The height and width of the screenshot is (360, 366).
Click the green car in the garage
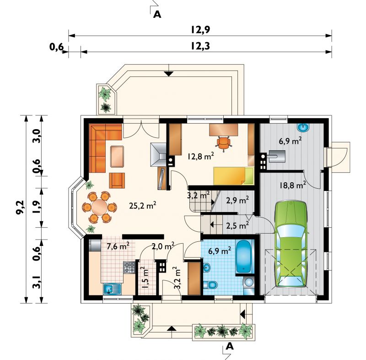click(291, 244)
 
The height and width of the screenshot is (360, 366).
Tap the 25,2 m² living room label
click(142, 205)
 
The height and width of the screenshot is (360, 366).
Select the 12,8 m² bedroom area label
click(200, 156)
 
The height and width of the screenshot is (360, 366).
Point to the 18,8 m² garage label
click(293, 185)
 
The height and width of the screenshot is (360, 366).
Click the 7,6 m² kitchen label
click(118, 246)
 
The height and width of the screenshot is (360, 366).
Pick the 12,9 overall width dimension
click(200, 30)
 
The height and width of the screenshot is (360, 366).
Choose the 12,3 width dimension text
click(200, 46)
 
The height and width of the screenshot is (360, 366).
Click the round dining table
click(99, 207)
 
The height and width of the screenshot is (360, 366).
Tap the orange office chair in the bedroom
click(223, 143)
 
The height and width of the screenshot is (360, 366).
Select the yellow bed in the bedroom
click(233, 176)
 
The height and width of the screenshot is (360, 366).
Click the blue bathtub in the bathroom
click(244, 256)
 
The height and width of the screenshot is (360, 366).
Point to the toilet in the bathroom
click(210, 285)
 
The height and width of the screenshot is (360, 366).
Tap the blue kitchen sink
click(112, 289)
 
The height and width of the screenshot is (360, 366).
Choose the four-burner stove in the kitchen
click(129, 268)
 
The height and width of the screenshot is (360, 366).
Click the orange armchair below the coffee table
click(117, 180)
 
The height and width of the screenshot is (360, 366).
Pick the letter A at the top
click(157, 15)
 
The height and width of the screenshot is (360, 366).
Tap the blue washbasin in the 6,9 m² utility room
click(303, 127)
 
